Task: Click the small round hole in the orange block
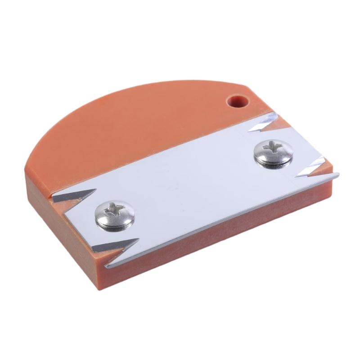tap(237, 101)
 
